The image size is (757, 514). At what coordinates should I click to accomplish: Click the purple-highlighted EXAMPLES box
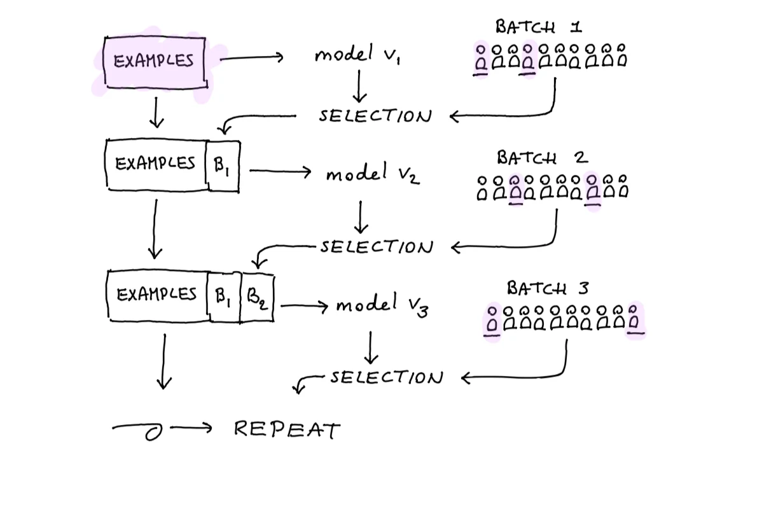tap(155, 62)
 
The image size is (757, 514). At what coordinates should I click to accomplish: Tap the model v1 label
tap(358, 54)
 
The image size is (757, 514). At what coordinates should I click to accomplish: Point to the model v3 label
tap(382, 305)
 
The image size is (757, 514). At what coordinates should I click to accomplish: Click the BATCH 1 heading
tap(538, 27)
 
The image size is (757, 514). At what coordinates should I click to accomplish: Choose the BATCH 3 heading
tap(548, 288)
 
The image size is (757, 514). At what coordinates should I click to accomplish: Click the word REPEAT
tap(288, 429)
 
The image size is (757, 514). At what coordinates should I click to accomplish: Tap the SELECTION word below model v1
tap(375, 116)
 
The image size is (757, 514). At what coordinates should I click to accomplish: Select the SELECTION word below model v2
tap(377, 247)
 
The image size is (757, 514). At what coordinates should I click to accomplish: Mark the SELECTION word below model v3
tap(387, 377)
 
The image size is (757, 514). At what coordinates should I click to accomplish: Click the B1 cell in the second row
tap(223, 166)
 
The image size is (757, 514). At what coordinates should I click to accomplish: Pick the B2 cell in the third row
tap(257, 297)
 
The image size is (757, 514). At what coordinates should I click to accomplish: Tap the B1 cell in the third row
tap(223, 296)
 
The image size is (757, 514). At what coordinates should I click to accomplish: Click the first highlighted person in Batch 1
tap(481, 59)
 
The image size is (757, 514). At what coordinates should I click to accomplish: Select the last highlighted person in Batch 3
tap(634, 319)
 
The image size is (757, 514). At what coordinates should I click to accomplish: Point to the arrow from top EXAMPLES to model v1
tap(251, 58)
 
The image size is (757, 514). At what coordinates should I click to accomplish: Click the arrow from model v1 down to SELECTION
tap(359, 87)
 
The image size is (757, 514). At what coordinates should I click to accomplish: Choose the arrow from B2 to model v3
tap(304, 306)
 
